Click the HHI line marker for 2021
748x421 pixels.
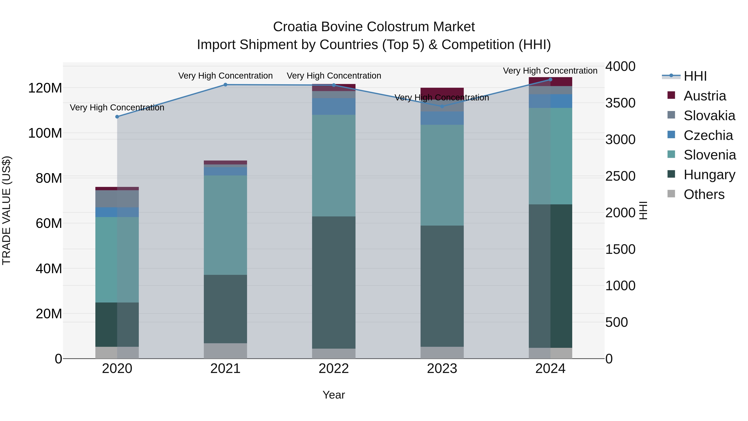pyautogui.click(x=225, y=85)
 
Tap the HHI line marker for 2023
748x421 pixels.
pyautogui.click(x=442, y=106)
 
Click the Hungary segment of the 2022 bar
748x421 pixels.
pyautogui.click(x=334, y=282)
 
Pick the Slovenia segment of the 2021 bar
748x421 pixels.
pyautogui.click(x=225, y=225)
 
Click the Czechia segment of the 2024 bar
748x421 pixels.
pyautogui.click(x=550, y=101)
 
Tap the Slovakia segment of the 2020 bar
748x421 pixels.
pyautogui.click(x=117, y=199)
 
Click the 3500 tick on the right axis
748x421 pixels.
pyautogui.click(x=620, y=103)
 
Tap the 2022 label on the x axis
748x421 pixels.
pyautogui.click(x=334, y=369)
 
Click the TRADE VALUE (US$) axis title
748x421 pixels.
pyautogui.click(x=6, y=210)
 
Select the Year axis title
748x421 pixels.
pyautogui.click(x=334, y=395)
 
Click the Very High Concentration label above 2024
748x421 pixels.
pyautogui.click(x=550, y=71)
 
